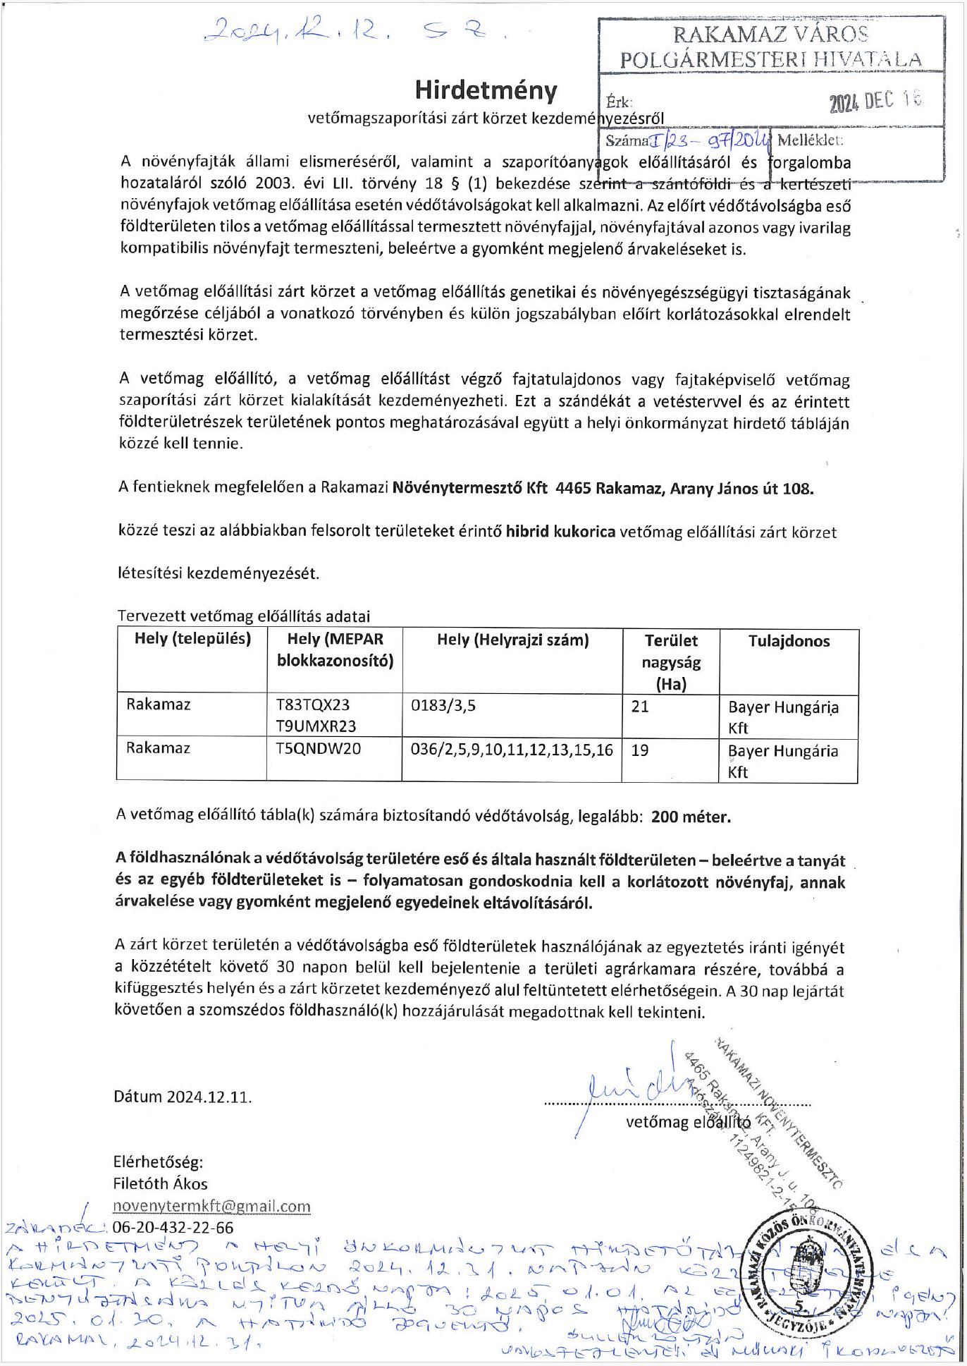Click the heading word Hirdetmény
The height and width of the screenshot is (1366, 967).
click(x=486, y=90)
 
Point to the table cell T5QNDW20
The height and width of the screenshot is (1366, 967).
click(x=318, y=749)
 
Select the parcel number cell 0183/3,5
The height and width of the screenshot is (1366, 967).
click(x=443, y=705)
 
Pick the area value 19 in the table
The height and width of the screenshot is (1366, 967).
click(x=640, y=750)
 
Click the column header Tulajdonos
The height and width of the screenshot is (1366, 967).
click(x=789, y=641)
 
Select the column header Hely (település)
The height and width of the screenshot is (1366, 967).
click(x=192, y=639)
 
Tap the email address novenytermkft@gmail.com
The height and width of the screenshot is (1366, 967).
click(x=211, y=1206)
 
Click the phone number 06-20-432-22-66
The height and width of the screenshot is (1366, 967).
click(x=173, y=1227)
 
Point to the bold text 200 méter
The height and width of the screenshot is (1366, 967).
click(x=691, y=817)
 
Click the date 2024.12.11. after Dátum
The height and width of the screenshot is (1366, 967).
click(x=209, y=1097)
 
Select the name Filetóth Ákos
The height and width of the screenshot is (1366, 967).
click(x=160, y=1183)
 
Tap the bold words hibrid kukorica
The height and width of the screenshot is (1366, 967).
click(x=560, y=532)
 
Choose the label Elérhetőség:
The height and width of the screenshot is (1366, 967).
click(x=158, y=1162)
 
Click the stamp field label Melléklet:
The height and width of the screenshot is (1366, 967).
click(x=810, y=140)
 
